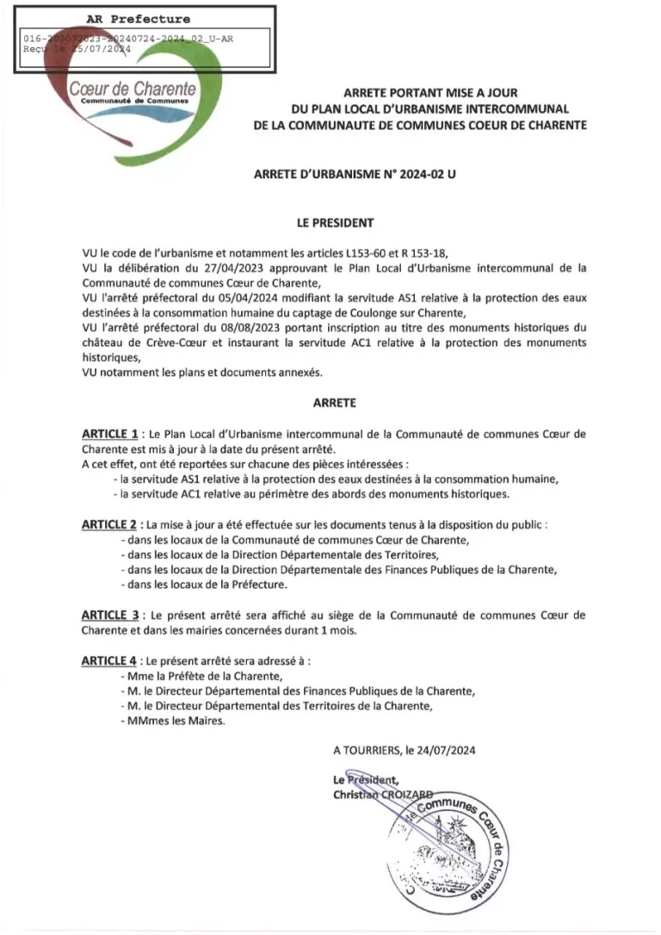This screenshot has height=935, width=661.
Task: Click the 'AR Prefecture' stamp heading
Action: coord(138,19)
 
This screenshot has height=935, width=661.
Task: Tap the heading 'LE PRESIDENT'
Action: coord(335,222)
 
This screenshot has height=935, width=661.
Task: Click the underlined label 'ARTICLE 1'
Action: coord(110,434)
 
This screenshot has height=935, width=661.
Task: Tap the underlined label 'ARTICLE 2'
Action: coord(110,524)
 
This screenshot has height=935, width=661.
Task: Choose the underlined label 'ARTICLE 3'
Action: coord(110,615)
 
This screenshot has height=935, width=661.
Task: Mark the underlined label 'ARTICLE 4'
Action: coord(110,660)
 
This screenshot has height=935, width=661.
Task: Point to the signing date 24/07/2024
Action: coord(446,750)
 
